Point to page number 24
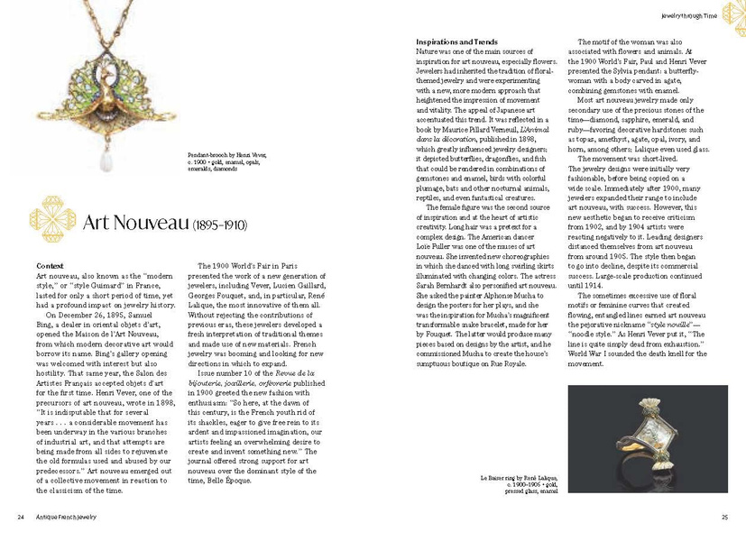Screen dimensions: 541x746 click(20, 517)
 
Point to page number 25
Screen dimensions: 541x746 click(724, 517)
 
